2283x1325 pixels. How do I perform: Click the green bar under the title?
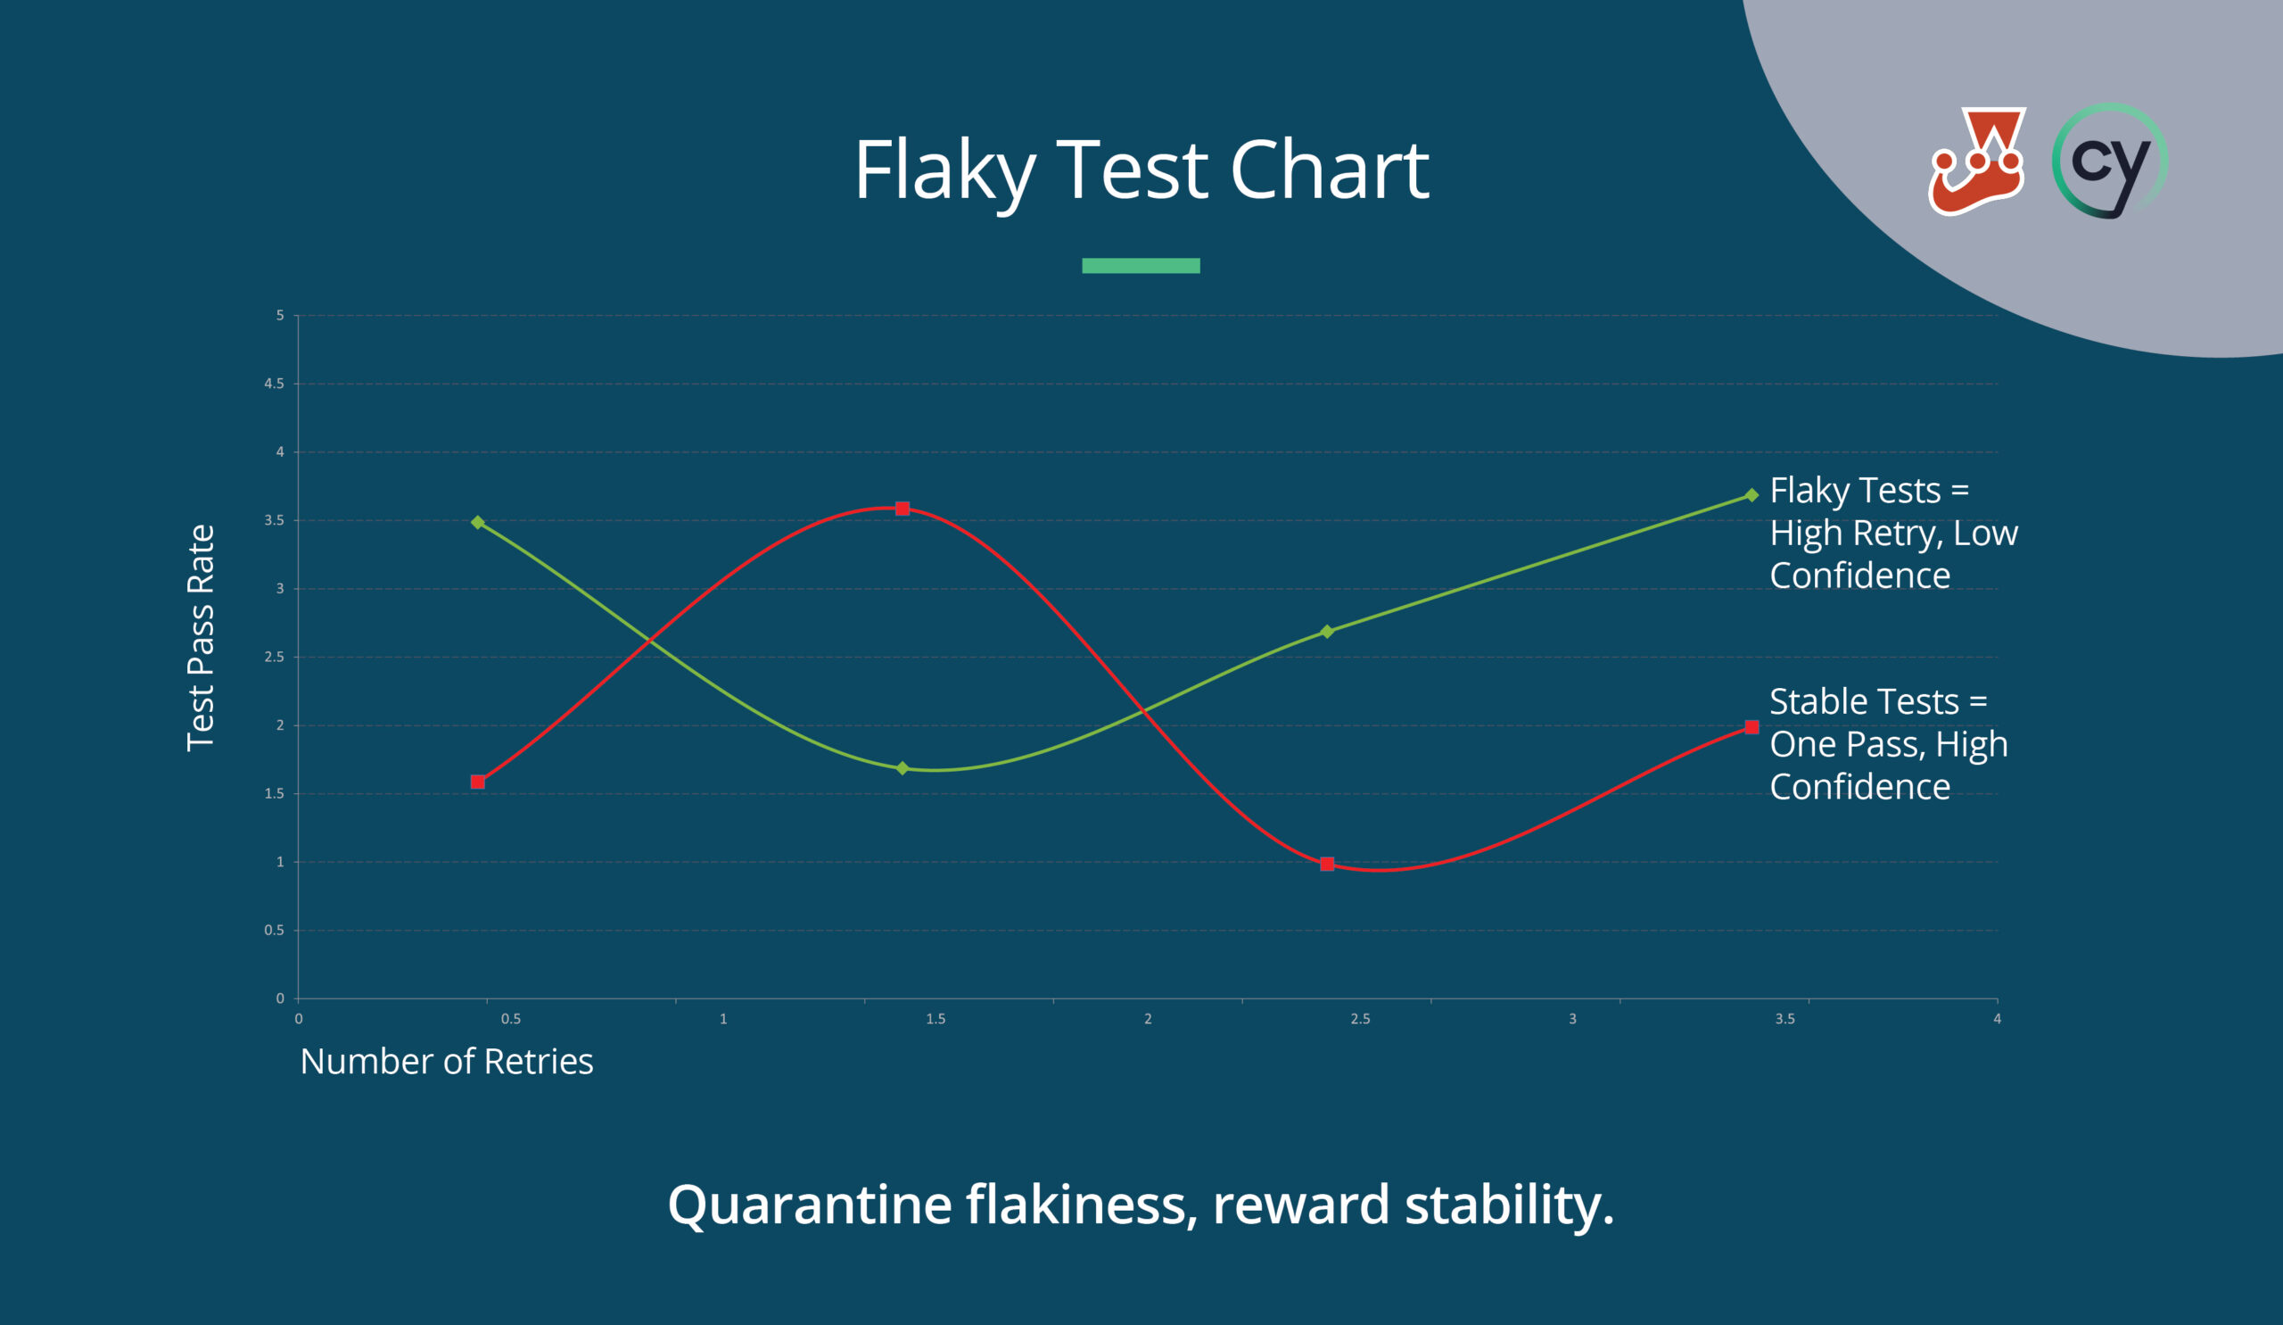click(1141, 266)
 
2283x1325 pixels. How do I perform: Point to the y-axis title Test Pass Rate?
click(201, 638)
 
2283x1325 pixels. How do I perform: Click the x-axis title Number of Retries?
click(446, 1061)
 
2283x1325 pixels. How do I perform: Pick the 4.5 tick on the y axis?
click(274, 385)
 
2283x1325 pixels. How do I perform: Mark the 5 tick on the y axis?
click(280, 315)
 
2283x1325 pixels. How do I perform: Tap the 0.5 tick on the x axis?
click(511, 1019)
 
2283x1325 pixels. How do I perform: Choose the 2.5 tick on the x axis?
click(1360, 1019)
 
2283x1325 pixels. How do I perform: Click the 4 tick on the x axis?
click(1997, 1019)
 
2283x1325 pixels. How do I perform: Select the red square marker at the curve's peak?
click(902, 509)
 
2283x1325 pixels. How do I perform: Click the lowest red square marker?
click(1327, 864)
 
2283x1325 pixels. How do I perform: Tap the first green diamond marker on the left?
click(477, 522)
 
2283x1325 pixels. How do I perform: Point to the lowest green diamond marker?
click(902, 767)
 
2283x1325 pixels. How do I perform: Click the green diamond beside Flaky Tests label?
click(1751, 495)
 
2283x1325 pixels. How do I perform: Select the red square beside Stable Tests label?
click(1751, 727)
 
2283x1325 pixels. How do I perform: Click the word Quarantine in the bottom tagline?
click(809, 1205)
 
